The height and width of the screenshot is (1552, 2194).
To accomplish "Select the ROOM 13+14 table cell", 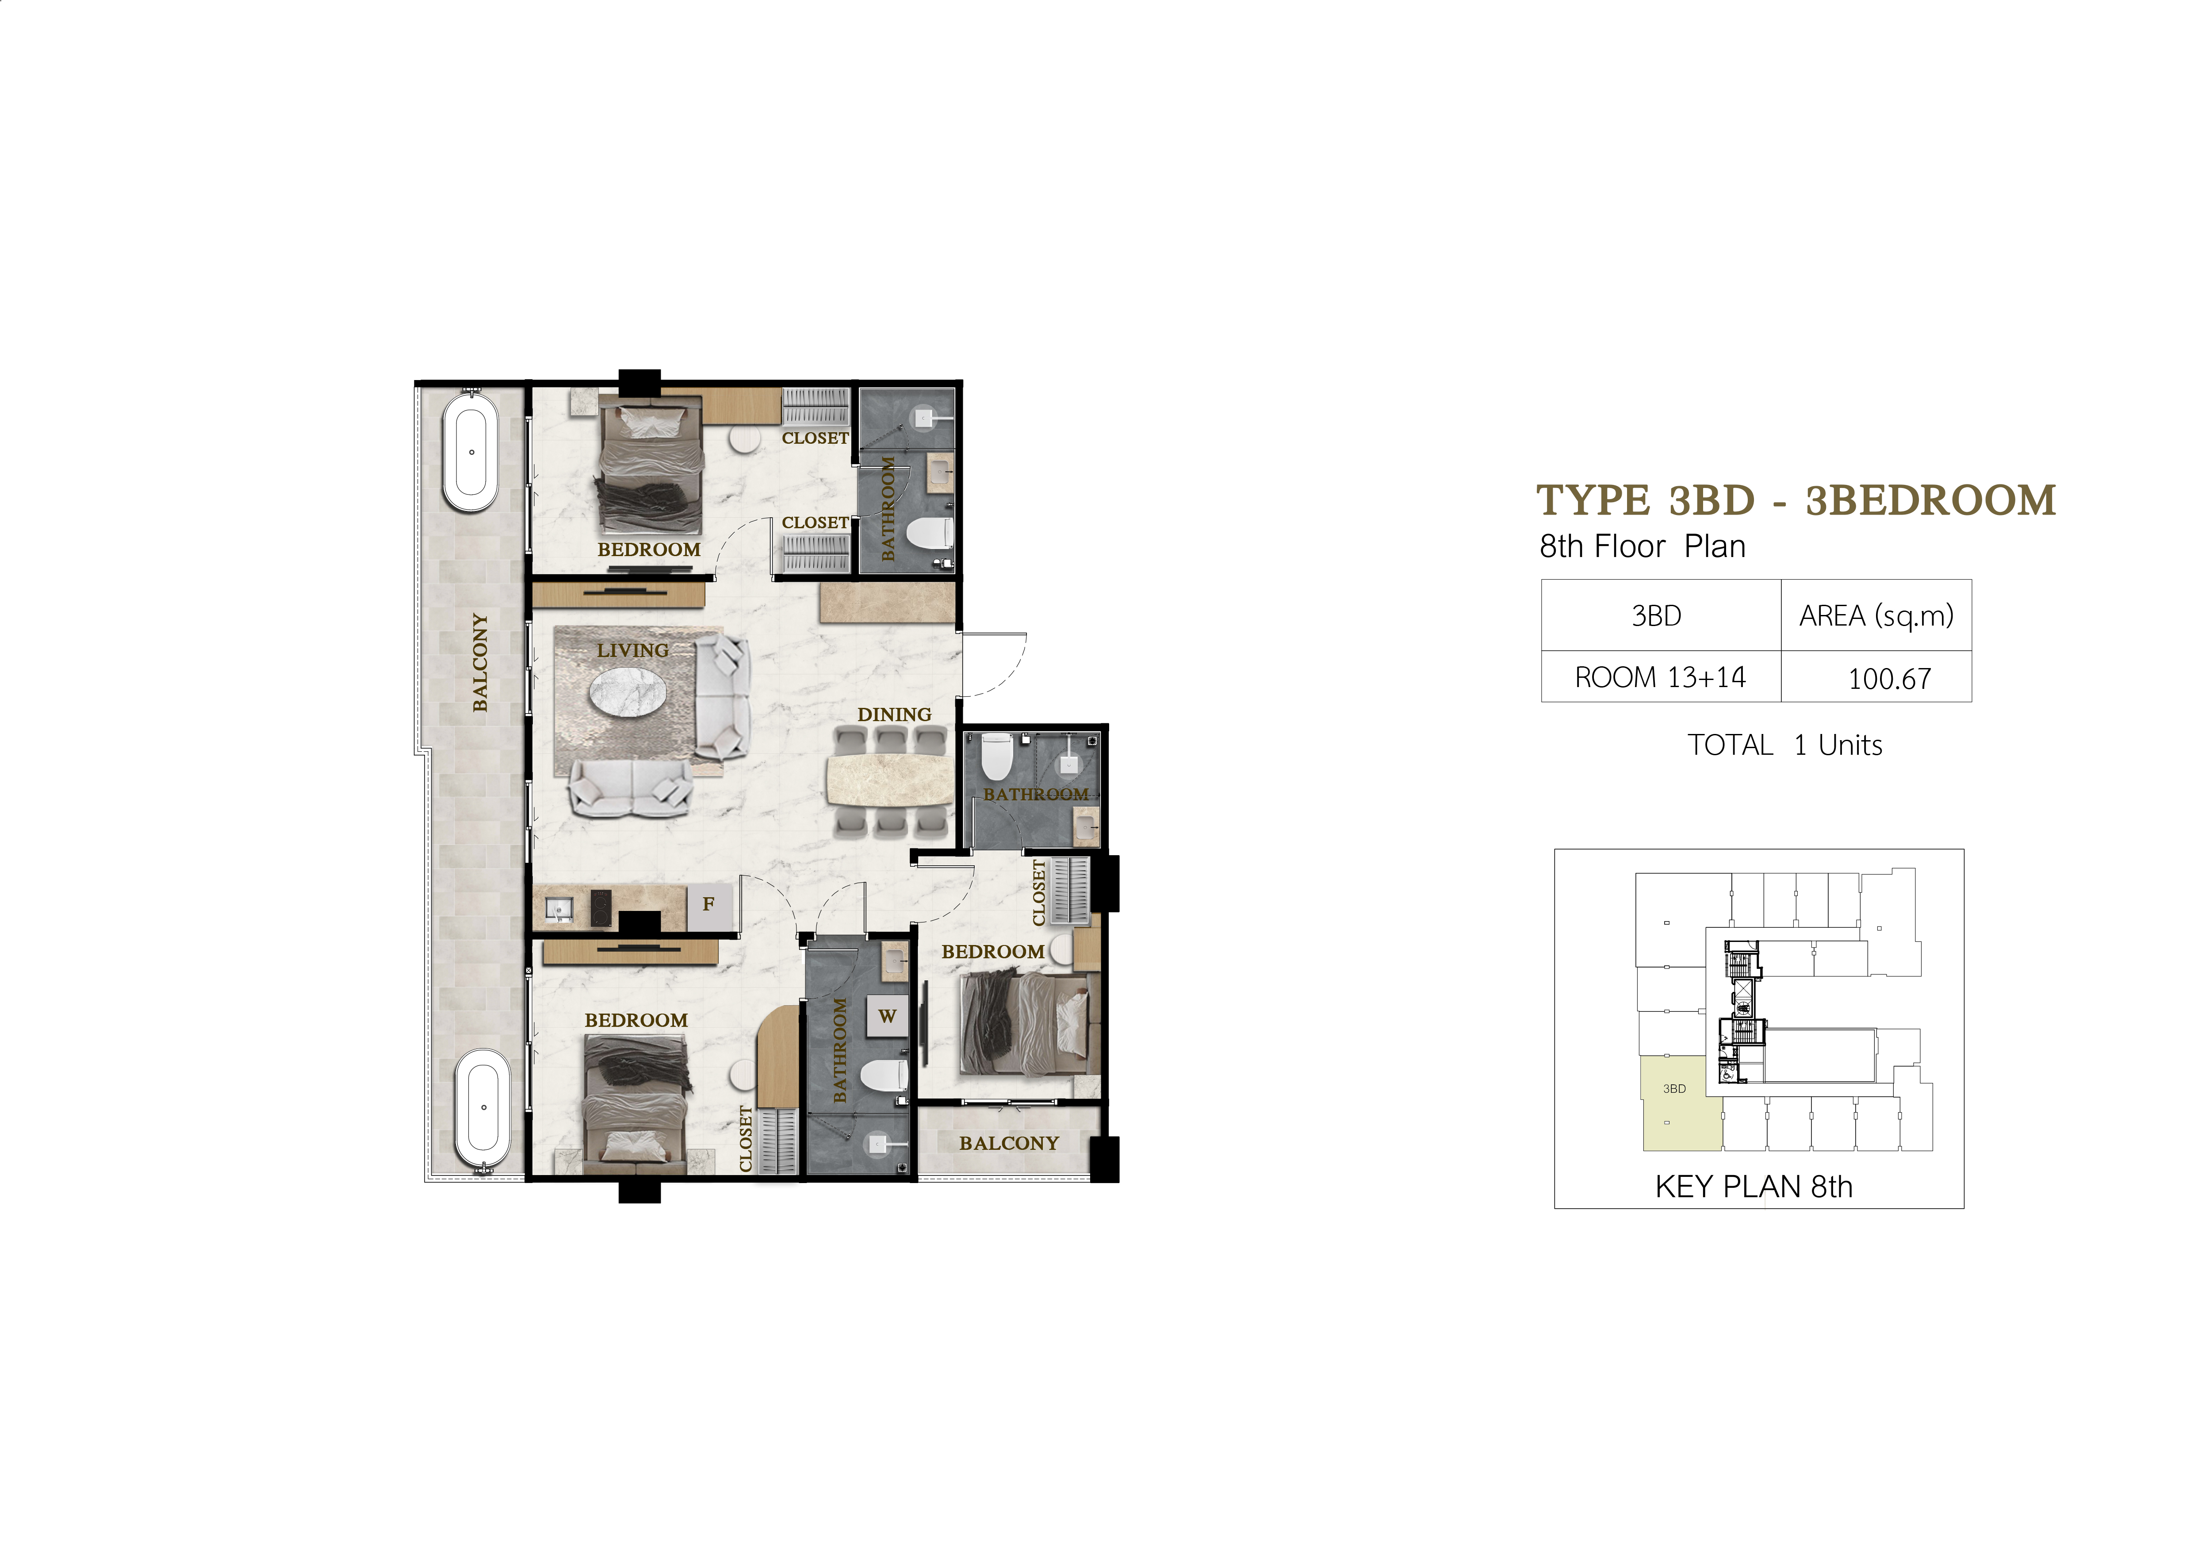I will click(x=1660, y=678).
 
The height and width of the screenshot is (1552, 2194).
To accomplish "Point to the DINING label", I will click(x=893, y=715).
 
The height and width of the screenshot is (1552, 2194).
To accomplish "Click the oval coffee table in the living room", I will click(x=628, y=690).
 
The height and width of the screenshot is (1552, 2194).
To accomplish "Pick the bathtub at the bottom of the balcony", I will click(x=483, y=1109).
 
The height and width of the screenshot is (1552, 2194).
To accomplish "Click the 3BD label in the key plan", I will click(x=1674, y=1088).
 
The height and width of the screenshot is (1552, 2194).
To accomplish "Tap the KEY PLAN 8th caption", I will click(x=1754, y=1187).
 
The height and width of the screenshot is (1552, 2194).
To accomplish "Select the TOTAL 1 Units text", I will click(x=1784, y=745).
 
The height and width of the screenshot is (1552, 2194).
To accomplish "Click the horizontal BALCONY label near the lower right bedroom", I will click(x=1009, y=1143).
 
